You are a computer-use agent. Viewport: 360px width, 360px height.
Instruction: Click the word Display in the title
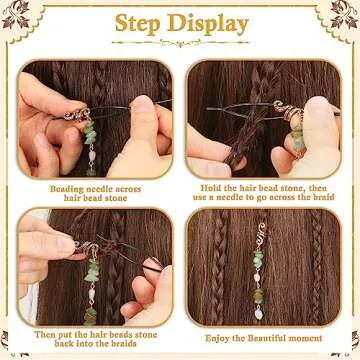point(210,22)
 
